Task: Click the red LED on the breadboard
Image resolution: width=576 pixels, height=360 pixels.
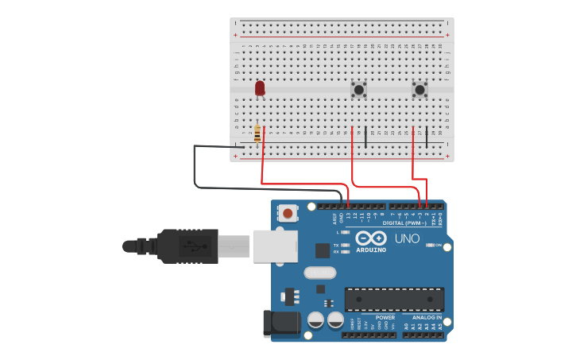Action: pos(260,87)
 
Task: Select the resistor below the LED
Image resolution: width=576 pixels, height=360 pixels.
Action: pos(257,134)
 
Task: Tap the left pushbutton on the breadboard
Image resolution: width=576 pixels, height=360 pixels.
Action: pos(359,90)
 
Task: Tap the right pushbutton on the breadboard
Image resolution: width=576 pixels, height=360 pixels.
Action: pos(419,90)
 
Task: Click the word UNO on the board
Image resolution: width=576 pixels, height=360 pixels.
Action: pos(407,238)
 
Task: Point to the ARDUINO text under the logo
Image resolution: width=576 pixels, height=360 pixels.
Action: pos(371,250)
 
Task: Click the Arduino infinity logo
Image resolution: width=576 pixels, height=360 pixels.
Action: pos(371,238)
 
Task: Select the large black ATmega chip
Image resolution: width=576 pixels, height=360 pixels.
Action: pos(394,299)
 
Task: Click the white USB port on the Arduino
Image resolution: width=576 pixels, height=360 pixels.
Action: pos(275,246)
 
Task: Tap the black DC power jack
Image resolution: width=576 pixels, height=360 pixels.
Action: pos(280,323)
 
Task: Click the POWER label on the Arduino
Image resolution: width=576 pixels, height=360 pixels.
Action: pos(385,317)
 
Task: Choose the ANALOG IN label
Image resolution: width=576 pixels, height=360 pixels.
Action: pos(427,317)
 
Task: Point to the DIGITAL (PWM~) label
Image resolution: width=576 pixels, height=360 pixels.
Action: pos(404,223)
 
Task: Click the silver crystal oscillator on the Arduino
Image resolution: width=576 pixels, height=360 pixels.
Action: pos(319,273)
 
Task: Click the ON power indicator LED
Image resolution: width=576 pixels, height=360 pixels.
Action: pos(430,246)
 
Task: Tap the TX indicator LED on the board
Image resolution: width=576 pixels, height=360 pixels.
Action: pos(346,245)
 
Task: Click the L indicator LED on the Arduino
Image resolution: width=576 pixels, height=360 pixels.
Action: pos(346,232)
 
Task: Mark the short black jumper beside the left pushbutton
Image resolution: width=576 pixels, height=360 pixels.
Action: pos(365,137)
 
